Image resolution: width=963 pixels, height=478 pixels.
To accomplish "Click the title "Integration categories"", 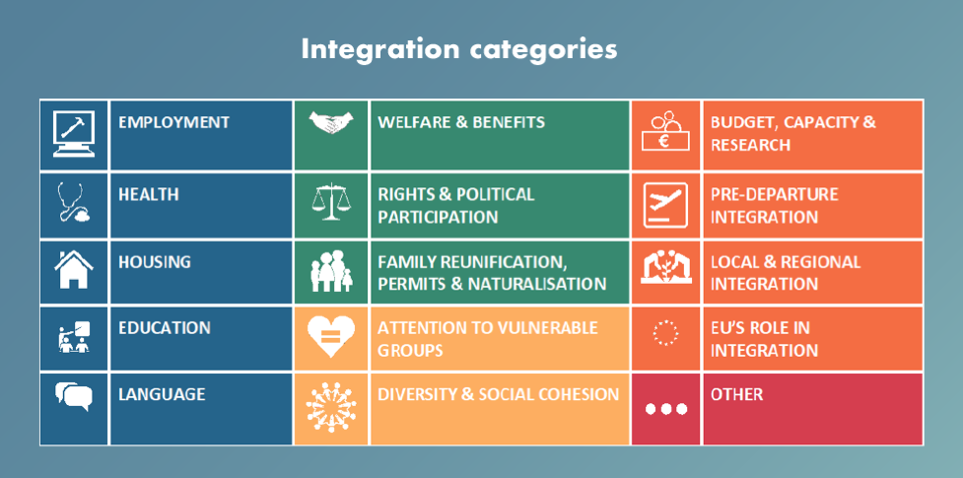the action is [458, 49].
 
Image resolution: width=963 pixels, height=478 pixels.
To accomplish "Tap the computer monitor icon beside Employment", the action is [74, 134].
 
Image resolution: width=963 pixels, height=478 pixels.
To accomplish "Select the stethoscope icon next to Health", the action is [73, 202].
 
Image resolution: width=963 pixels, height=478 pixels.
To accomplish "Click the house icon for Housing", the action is [74, 269].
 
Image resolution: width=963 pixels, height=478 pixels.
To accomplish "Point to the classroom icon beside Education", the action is [74, 337].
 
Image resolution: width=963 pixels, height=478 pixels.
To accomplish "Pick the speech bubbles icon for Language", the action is [74, 395].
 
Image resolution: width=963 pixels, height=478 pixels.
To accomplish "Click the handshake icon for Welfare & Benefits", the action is [331, 121].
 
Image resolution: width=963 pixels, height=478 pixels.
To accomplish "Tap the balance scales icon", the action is [331, 201].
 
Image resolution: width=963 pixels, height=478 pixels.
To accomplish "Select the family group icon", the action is [331, 271].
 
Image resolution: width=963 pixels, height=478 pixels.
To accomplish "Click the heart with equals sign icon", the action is [331, 337].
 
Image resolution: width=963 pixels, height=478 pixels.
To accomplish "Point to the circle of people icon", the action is [331, 407].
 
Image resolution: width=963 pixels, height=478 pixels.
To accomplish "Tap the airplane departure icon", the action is [665, 205].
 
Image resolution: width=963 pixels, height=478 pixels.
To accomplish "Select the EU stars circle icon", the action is [665, 332].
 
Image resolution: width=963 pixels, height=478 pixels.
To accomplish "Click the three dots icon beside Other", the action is [665, 409].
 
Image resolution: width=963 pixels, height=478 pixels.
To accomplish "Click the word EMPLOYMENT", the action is [173, 121].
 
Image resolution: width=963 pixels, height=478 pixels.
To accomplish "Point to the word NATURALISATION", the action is [537, 284].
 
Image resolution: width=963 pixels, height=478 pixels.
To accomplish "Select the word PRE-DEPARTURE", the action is [775, 194].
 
